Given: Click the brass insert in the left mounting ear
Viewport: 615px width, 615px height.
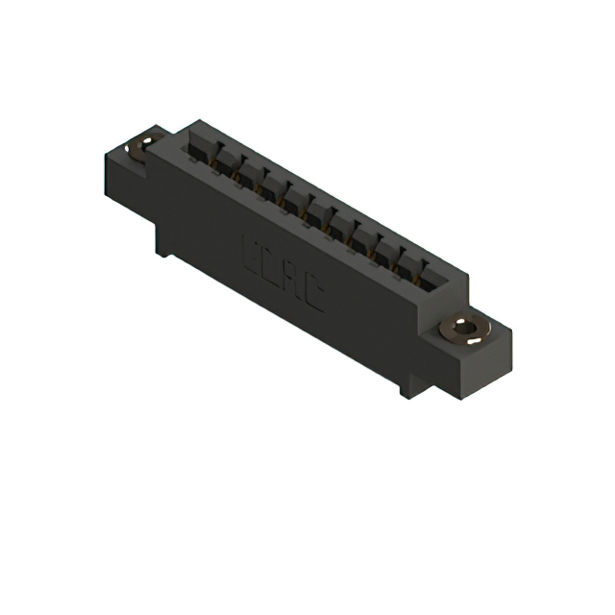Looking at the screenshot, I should (x=140, y=147).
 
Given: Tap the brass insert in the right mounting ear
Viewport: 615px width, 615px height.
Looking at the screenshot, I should (x=464, y=330).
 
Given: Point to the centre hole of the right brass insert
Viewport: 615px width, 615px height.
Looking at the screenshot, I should (x=467, y=330).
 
